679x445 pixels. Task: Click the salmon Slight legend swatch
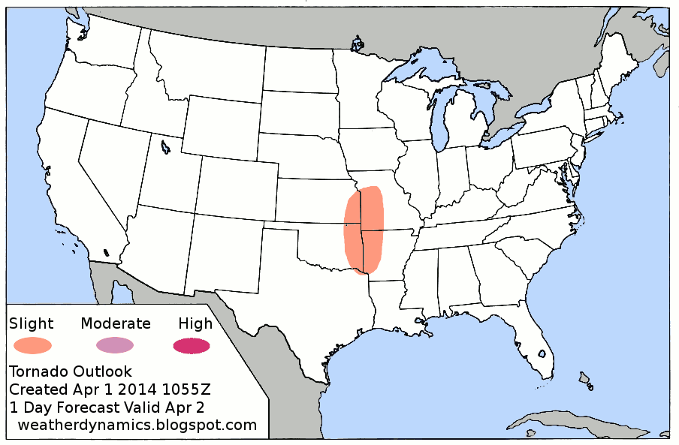[x=32, y=346]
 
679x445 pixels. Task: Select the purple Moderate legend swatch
[x=114, y=345]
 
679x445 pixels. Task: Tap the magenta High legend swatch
[x=191, y=346]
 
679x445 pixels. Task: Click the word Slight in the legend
[x=32, y=324]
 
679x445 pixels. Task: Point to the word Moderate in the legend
[x=116, y=323]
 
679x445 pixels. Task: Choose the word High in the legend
[x=195, y=324]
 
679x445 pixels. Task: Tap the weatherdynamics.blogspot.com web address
[x=137, y=425]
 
